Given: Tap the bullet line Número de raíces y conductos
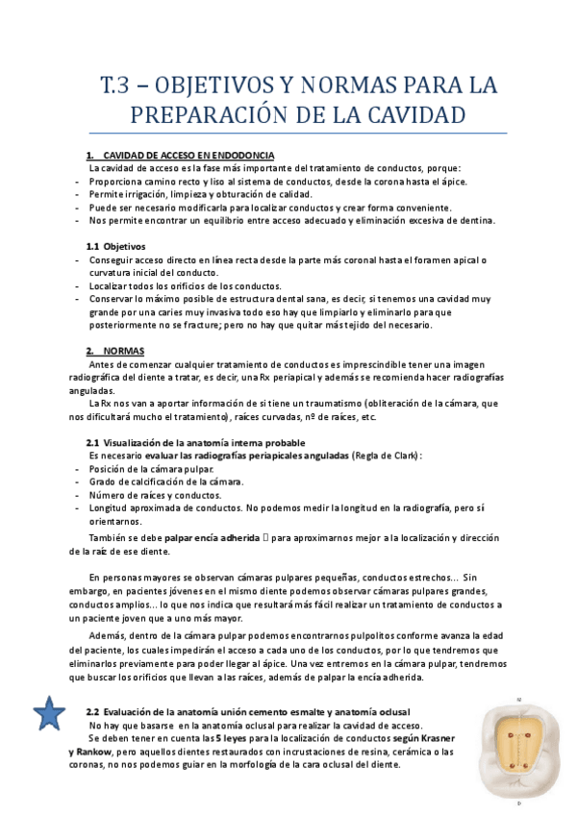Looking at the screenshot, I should tap(156, 495).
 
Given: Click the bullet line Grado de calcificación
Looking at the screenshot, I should tap(165, 482).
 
